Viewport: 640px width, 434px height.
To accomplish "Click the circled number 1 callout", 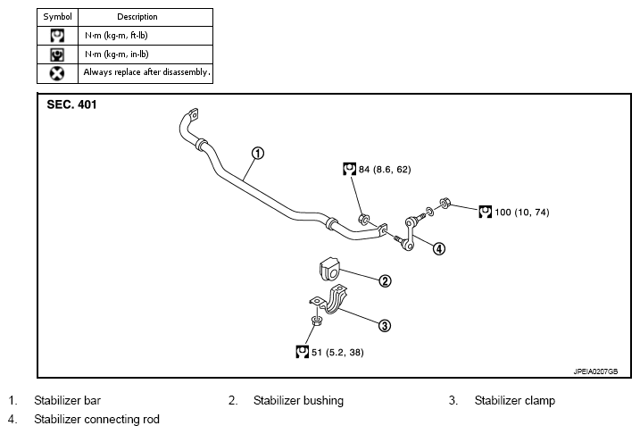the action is click(258, 153).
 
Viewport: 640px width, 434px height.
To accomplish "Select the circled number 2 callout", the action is click(385, 281).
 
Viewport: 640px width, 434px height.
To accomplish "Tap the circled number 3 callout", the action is click(385, 325).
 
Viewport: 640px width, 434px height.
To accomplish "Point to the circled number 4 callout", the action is click(439, 248).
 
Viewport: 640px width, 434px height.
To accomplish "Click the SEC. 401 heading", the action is click(71, 104).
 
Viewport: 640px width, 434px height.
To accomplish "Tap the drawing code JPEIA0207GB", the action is click(595, 371).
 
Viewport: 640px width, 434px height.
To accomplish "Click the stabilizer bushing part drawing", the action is click(329, 269).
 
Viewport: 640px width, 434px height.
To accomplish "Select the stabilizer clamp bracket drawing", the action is click(328, 300).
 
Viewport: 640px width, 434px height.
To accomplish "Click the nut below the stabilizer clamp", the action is click(315, 321).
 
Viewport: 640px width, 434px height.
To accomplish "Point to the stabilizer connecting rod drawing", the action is click(410, 233).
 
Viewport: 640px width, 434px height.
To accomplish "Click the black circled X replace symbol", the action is click(57, 73).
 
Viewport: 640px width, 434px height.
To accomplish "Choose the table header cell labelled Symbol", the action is click(57, 17).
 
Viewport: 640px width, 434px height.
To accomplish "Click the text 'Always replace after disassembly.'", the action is click(147, 72).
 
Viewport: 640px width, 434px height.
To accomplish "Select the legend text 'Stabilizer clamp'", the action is click(515, 401).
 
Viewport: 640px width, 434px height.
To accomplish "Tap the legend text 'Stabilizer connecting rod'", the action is click(96, 420).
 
